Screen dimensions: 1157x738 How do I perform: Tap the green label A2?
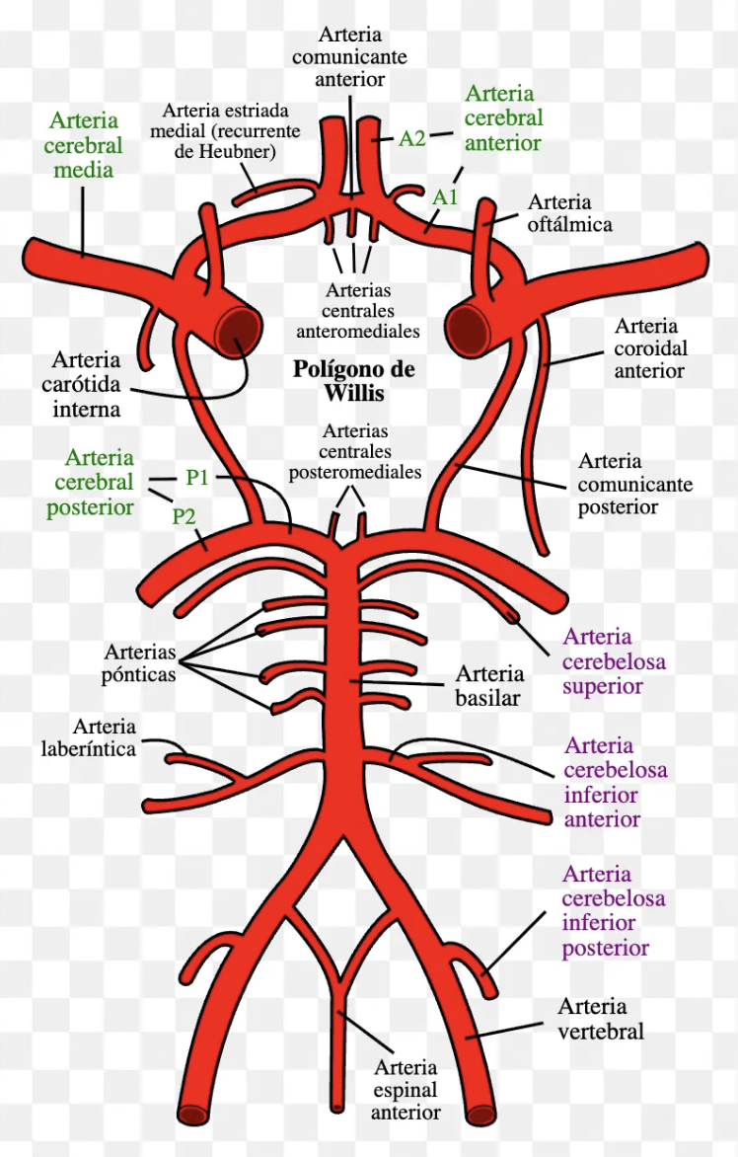point(411,138)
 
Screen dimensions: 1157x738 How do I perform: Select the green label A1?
point(445,196)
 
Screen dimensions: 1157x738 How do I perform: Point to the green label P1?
point(197,478)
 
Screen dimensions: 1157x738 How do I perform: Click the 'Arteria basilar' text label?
point(488,686)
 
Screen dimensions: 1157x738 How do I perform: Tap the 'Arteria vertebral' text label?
point(600,1019)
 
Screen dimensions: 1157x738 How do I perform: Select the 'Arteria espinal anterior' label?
point(405,1090)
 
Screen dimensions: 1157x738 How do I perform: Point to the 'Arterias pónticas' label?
point(138,663)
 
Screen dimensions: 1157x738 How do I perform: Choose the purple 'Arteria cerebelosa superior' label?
point(614,661)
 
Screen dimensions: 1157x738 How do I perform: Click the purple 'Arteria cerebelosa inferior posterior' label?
point(613,911)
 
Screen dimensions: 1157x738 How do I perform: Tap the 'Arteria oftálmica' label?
point(569,213)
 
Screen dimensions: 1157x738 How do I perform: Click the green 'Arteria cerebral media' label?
point(83,145)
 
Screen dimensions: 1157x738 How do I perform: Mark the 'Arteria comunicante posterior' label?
point(634,484)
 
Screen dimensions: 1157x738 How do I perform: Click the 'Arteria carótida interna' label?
point(87,384)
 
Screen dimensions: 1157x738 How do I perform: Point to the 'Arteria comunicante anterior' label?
point(349,55)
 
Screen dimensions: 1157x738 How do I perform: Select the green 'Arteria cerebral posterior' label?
point(99,483)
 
